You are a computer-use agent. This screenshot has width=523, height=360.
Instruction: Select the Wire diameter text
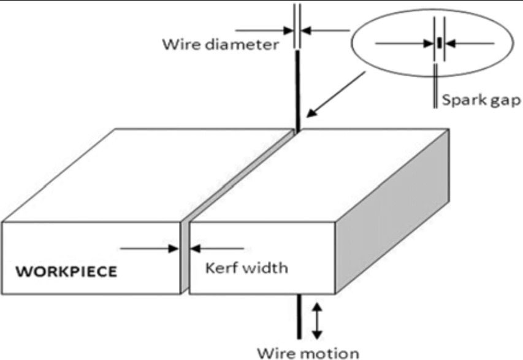(x=221, y=45)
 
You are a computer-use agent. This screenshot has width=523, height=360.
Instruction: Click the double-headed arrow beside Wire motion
(x=316, y=320)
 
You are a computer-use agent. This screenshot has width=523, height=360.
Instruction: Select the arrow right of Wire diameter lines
(x=328, y=29)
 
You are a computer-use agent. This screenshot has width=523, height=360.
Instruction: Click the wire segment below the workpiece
(x=299, y=316)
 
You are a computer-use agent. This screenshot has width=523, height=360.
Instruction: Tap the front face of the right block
(x=264, y=258)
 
